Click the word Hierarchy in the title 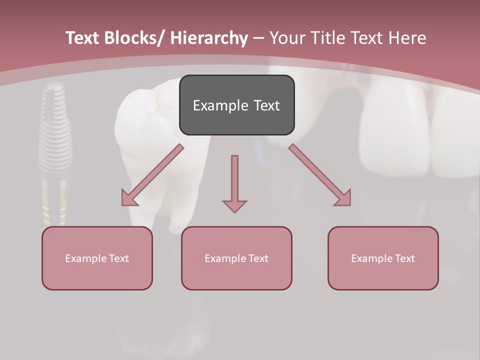point(208,38)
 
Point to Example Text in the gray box point(236,105)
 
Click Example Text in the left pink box point(97,258)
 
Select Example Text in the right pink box point(383,258)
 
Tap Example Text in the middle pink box point(236,258)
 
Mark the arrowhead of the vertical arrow point(234,205)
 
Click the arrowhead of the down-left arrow point(128,198)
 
